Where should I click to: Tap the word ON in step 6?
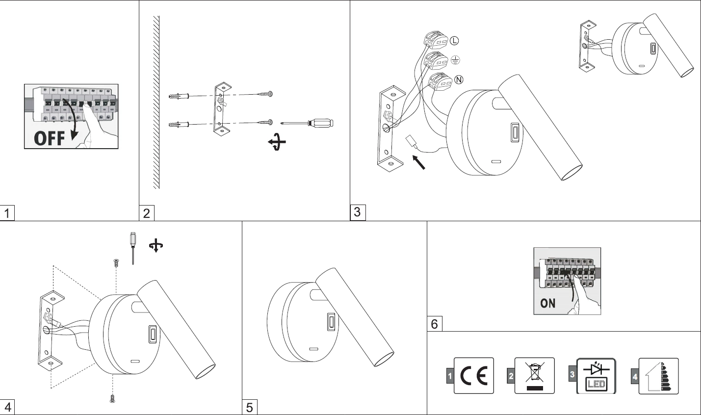click(x=547, y=303)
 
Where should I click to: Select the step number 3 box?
click(x=357, y=212)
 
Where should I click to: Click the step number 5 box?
click(x=249, y=408)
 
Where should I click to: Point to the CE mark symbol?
click(x=474, y=376)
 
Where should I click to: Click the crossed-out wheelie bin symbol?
click(x=534, y=376)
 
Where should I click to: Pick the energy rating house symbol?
click(x=658, y=376)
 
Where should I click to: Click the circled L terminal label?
click(x=454, y=41)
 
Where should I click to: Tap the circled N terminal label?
click(x=459, y=80)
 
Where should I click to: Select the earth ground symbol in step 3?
click(x=455, y=60)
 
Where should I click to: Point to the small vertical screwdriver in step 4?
click(x=132, y=248)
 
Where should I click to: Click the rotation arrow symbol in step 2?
click(x=277, y=143)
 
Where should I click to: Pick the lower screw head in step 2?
click(x=271, y=121)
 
